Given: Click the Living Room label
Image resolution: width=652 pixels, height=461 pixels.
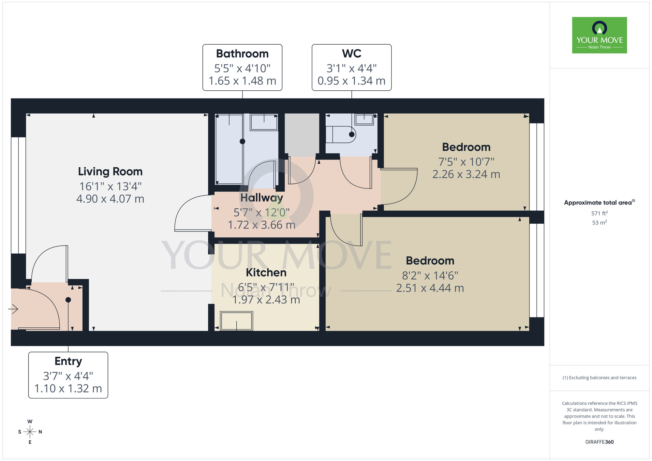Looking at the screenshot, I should [x=110, y=171].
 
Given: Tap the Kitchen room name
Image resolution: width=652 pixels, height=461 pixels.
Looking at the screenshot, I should [x=266, y=272].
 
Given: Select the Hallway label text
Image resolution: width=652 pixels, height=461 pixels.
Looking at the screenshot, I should [x=261, y=198].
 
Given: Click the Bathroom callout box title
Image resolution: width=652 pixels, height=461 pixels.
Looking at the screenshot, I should [x=242, y=53].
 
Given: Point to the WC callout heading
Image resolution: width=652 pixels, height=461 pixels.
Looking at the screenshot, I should [x=351, y=53].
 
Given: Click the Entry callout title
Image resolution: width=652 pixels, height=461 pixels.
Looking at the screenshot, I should [x=68, y=361].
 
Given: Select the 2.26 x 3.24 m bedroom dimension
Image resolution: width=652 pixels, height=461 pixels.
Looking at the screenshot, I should [x=466, y=174].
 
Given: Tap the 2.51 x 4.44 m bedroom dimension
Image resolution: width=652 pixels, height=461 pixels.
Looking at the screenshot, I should [x=430, y=288].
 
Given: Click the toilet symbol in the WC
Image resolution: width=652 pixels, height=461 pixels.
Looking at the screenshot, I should [x=341, y=134].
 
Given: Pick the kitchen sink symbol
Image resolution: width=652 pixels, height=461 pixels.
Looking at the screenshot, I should [x=236, y=321].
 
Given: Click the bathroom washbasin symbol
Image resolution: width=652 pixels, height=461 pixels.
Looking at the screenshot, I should [x=264, y=122].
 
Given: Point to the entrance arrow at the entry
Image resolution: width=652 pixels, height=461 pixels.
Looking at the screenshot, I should [x=13, y=309].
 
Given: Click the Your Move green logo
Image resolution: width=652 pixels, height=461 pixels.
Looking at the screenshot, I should [x=599, y=35].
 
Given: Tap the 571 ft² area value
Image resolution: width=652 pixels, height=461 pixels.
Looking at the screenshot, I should [x=599, y=213].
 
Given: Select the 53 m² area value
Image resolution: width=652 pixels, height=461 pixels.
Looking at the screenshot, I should [x=599, y=223].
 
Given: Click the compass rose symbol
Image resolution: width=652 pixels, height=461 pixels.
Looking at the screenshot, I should [x=30, y=432].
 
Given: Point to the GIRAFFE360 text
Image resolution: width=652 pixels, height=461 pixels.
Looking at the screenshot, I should [x=599, y=442].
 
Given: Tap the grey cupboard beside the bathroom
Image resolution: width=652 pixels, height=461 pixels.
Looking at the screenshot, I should [x=302, y=134].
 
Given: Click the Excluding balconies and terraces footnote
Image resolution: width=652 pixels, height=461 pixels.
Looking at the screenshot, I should [x=599, y=378].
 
